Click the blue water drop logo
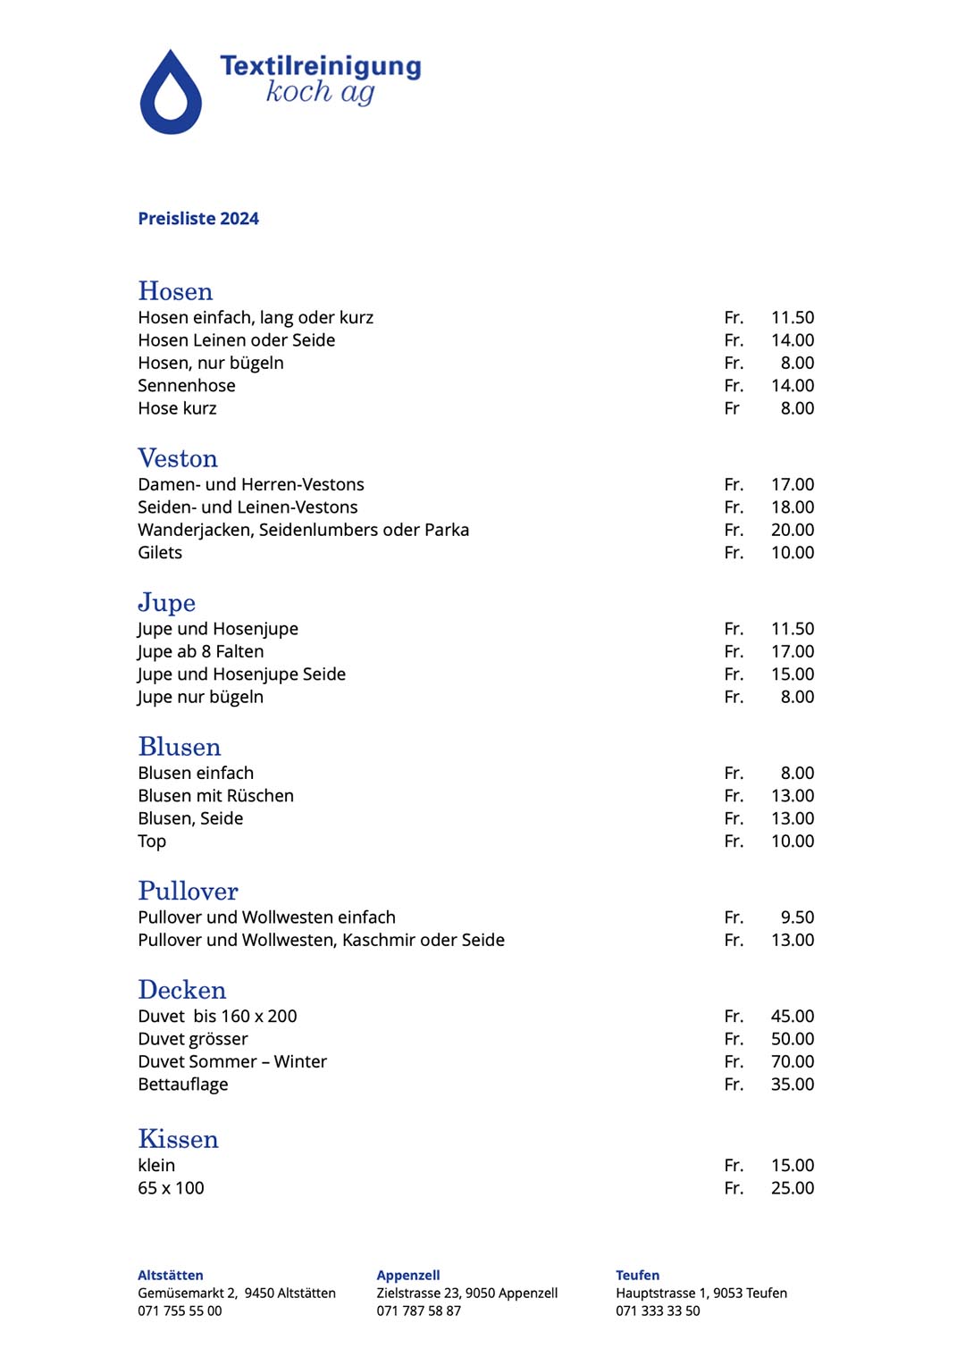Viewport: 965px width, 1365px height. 171,95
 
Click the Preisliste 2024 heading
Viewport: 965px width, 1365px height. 198,219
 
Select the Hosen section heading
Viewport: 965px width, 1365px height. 175,291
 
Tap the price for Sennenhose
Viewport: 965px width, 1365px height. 793,386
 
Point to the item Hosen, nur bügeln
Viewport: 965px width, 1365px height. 211,363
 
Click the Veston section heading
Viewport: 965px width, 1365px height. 178,458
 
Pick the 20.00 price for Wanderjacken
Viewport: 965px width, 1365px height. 793,530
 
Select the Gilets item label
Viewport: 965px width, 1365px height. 160,553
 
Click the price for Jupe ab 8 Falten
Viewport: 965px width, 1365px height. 793,652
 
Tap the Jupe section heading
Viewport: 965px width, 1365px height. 167,603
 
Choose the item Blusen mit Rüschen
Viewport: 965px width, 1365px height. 215,796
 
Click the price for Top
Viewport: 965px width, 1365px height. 793,842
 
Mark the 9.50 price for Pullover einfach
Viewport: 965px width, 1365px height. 797,917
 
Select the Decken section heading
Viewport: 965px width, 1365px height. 182,990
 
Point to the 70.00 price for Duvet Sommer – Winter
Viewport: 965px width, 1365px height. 793,1062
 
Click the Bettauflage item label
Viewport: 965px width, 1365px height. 183,1084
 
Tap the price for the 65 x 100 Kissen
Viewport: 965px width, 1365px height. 793,1188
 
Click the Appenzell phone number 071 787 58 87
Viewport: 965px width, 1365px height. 418,1311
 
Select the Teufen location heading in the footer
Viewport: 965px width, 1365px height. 637,1276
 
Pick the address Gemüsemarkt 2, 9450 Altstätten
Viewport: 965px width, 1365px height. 237,1294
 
